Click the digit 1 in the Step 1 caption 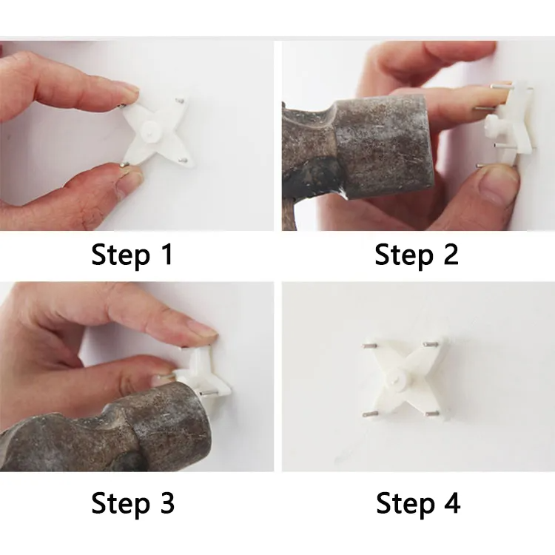pos(167,254)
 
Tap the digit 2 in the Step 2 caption pos(451,254)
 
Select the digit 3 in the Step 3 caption pos(167,502)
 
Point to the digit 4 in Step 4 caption pos(452,502)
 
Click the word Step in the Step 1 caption pos(121,255)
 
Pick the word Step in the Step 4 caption pos(406,504)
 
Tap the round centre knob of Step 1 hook pos(149,129)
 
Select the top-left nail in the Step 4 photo pos(369,345)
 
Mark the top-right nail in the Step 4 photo pos(432,343)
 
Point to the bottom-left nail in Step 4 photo pos(369,414)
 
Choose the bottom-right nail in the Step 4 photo pos(432,413)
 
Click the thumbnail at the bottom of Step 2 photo pos(500,185)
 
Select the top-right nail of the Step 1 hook pos(181,101)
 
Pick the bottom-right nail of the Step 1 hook pos(183,161)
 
